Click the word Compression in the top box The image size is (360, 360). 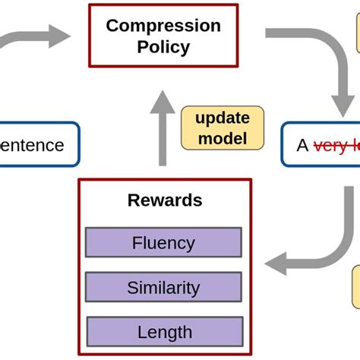coord(163,25)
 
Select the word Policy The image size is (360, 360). coord(163,46)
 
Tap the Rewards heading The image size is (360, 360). coord(165,201)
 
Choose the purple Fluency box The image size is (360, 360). coord(163,243)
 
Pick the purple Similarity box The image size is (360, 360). coord(164,288)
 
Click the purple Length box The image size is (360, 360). coord(164,332)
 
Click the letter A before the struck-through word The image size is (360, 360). coord(303,145)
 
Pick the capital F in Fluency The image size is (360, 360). coord(137,243)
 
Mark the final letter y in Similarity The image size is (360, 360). coord(195,289)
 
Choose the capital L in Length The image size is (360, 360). coord(141,332)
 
